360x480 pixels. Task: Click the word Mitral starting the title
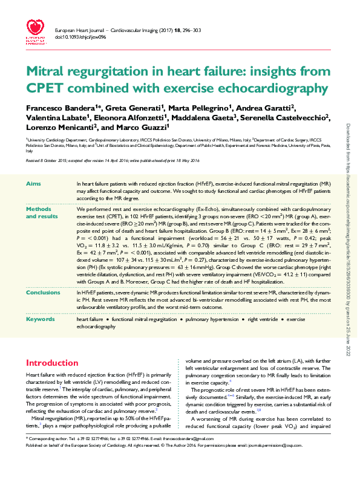click(x=48, y=73)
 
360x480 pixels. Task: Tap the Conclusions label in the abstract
click(x=44, y=293)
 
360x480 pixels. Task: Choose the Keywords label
click(x=40, y=319)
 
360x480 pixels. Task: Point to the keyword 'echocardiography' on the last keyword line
click(x=96, y=326)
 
